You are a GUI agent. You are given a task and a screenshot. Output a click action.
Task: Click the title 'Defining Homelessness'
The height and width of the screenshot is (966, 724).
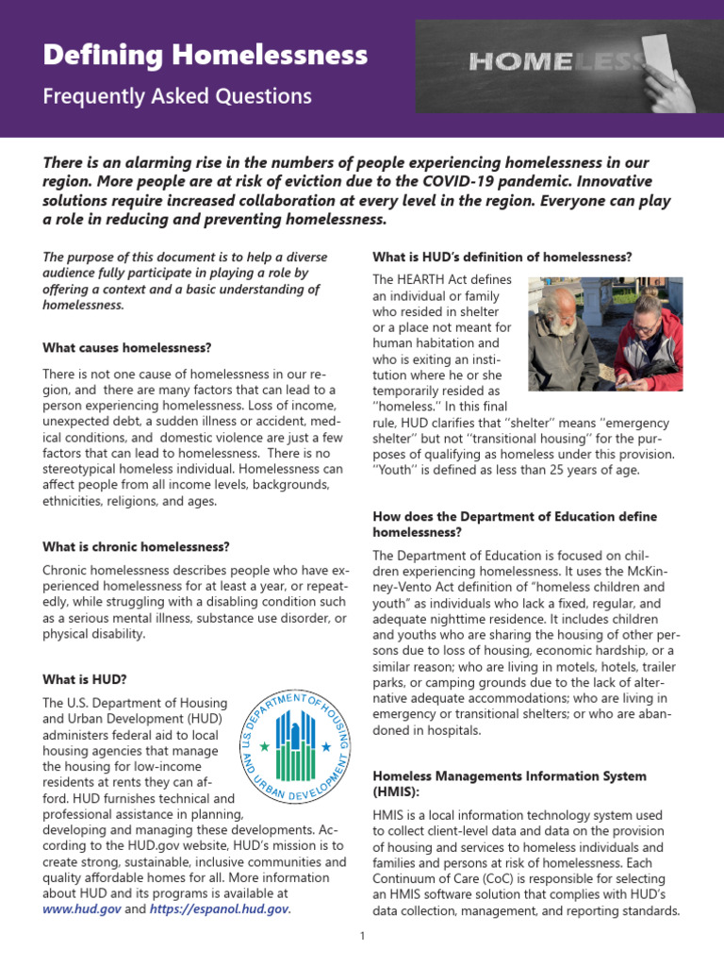click(x=206, y=57)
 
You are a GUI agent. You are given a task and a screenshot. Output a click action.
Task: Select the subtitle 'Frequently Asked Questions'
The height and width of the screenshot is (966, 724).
click(x=177, y=96)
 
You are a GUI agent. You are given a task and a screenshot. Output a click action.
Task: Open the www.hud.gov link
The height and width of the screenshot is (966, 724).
click(x=82, y=909)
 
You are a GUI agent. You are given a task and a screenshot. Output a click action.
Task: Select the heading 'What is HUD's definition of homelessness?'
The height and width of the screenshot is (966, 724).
click(x=502, y=257)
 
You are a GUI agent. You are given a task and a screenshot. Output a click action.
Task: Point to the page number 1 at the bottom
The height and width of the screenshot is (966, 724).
click(x=362, y=937)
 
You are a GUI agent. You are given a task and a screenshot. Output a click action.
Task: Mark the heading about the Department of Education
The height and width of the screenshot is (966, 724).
click(x=515, y=525)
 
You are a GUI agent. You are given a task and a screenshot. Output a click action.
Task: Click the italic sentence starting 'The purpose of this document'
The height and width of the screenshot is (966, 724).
click(x=185, y=281)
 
